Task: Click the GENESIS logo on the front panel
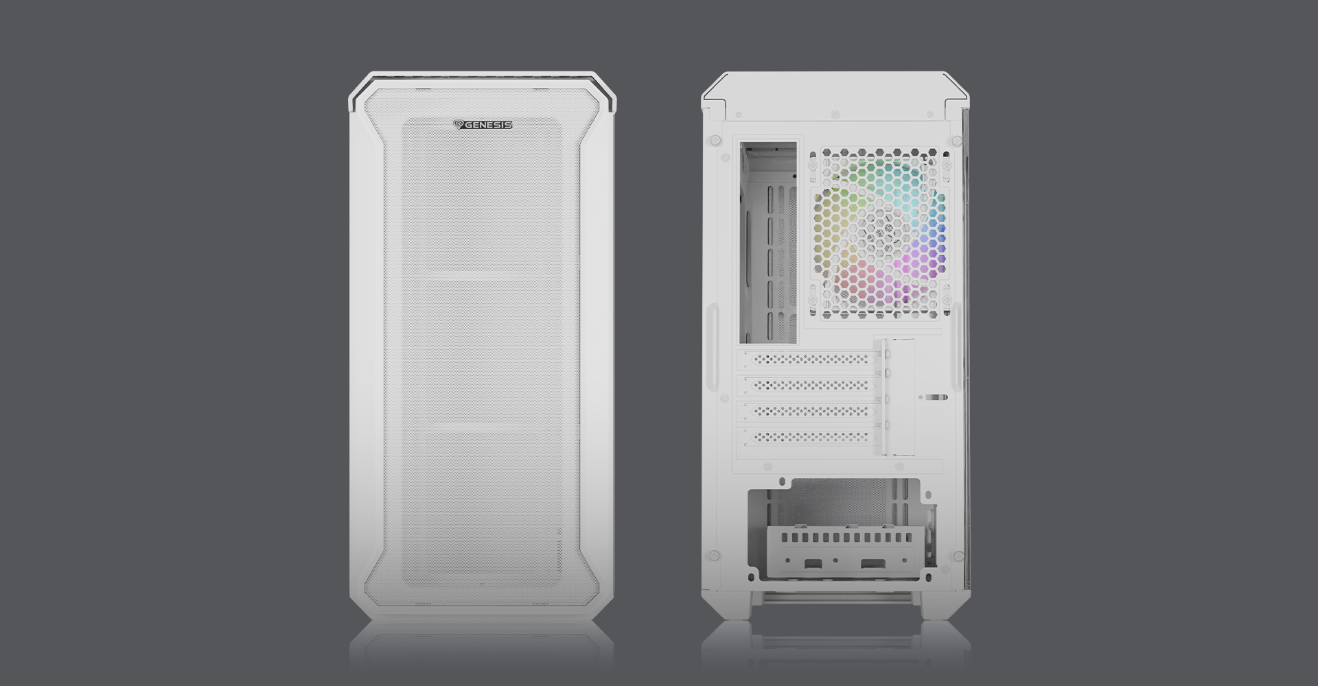coord(483,125)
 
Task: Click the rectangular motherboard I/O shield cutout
coord(768,241)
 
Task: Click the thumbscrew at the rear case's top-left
coord(715,140)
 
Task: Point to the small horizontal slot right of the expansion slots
coord(934,397)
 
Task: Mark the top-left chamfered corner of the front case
coord(360,86)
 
